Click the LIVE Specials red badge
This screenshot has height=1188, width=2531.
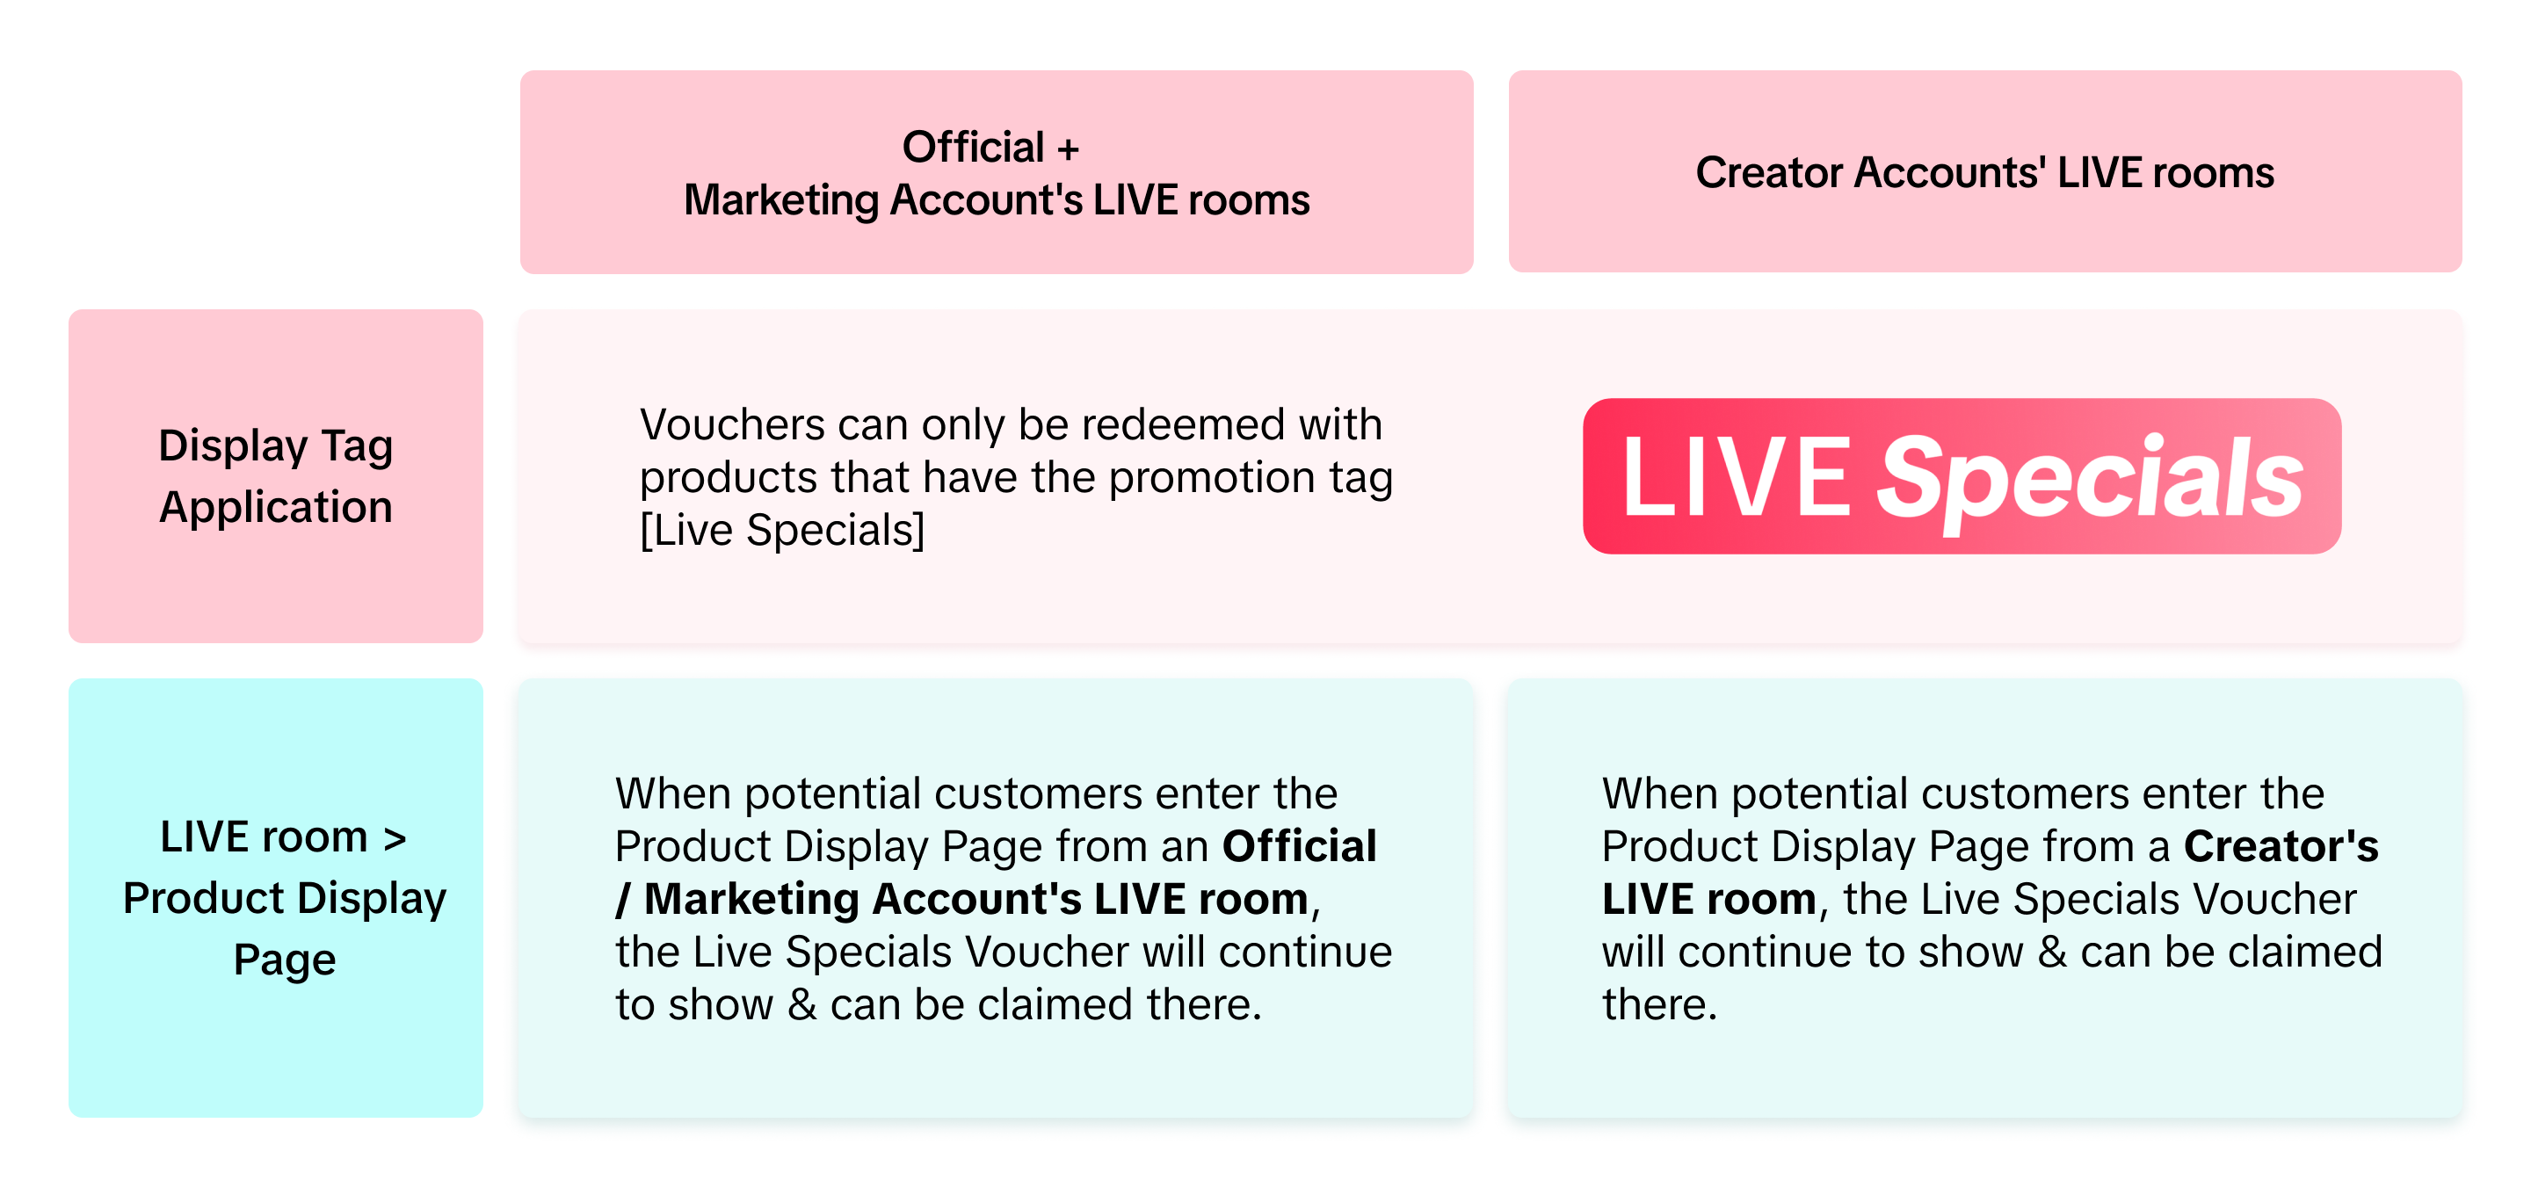coord(1962,475)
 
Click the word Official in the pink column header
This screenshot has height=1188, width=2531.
coord(973,148)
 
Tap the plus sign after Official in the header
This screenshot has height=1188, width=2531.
coord(1068,149)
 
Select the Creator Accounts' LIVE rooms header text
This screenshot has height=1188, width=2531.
coord(1984,173)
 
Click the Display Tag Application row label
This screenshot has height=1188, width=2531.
coord(276,476)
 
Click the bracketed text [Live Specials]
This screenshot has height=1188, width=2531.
coord(782,531)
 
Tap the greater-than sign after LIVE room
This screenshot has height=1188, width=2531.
coord(395,839)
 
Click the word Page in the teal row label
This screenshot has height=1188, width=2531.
coord(285,960)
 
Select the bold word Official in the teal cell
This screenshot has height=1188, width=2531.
coord(1299,846)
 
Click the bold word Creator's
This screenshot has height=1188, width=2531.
coord(2281,846)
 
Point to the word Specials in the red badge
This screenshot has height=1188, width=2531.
coord(2090,480)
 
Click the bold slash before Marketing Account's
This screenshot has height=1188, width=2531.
coord(623,899)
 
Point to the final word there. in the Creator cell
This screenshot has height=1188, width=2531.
coord(1659,1005)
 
